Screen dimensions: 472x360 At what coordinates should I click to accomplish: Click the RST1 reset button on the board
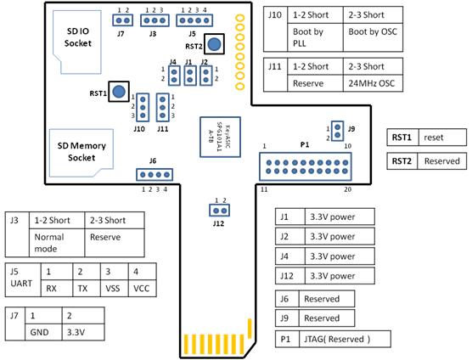[119, 91]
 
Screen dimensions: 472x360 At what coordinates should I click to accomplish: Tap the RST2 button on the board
[214, 44]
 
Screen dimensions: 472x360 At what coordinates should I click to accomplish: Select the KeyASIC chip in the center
[221, 137]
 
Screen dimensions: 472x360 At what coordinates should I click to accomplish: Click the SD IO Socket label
[77, 37]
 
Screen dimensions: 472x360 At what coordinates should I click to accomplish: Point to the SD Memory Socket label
[81, 151]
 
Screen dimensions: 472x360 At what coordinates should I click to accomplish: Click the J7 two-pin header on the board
[122, 20]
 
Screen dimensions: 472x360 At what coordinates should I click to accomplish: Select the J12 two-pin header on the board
[219, 211]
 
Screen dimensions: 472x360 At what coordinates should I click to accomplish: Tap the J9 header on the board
[337, 131]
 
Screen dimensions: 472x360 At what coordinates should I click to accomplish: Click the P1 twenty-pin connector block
[306, 166]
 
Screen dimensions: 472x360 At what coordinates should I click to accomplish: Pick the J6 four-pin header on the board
[155, 175]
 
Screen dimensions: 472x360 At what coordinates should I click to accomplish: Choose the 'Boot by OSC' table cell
[373, 37]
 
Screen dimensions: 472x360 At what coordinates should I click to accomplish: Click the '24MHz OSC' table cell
[373, 83]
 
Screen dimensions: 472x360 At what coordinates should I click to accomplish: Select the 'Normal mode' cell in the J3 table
[57, 243]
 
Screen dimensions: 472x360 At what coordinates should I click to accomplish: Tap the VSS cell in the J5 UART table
[115, 289]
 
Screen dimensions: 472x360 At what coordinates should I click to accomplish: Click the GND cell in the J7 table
[43, 332]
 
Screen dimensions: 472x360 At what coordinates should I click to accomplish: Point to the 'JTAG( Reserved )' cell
[345, 339]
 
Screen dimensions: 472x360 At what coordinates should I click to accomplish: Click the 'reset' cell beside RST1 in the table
[442, 138]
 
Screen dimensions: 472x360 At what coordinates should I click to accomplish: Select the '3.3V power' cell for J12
[340, 276]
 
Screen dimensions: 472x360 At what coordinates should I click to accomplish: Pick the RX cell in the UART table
[57, 289]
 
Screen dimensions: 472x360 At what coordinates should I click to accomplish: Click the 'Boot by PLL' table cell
[315, 37]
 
